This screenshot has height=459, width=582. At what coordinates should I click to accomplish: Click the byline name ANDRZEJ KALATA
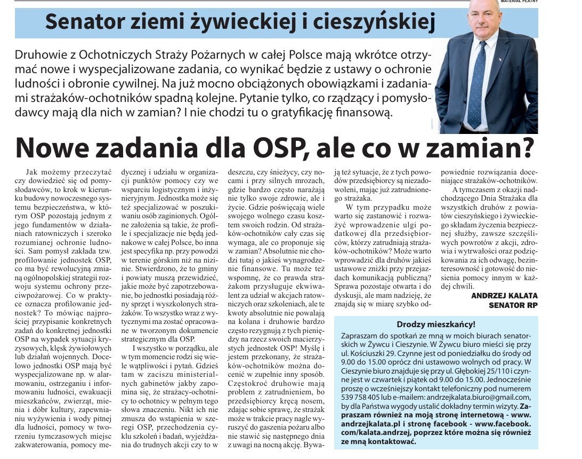point(502,295)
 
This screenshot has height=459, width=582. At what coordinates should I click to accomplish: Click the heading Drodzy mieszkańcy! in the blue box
point(436,324)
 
